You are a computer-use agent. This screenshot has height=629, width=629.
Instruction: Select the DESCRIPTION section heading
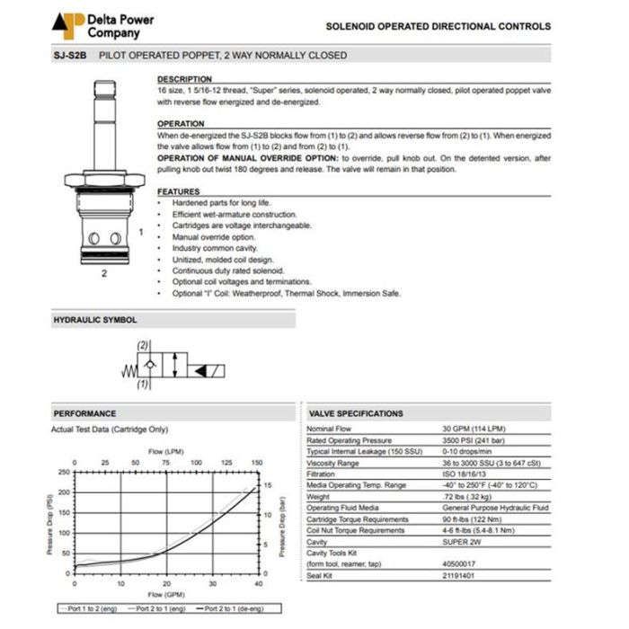click(184, 80)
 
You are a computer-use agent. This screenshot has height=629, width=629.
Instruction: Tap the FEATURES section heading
click(178, 191)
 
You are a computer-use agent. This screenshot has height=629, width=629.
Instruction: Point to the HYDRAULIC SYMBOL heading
click(95, 319)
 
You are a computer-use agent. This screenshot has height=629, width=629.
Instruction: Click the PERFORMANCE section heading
click(84, 413)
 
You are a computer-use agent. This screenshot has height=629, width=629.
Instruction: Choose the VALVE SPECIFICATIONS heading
click(356, 413)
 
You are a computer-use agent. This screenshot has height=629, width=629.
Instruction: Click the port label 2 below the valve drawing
click(103, 273)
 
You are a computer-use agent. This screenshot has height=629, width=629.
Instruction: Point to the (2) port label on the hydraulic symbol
click(143, 346)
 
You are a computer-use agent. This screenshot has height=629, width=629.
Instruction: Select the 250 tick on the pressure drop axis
click(63, 473)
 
